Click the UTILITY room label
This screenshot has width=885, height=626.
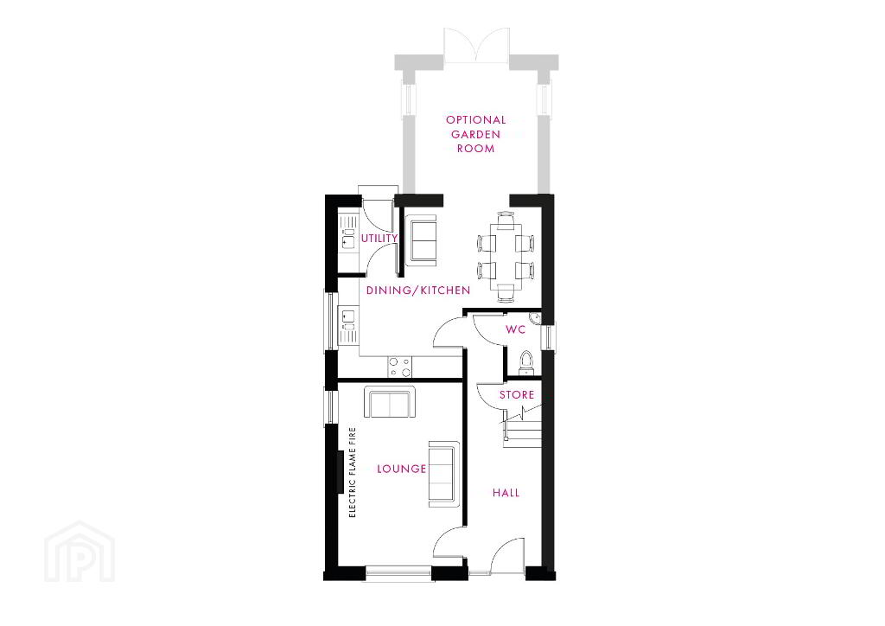(x=379, y=238)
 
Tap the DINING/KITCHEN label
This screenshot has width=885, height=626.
(x=418, y=291)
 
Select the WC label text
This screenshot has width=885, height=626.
(x=515, y=329)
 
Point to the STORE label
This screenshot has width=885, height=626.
(x=517, y=394)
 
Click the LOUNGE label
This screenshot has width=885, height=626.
(x=401, y=469)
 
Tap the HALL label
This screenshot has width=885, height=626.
(x=506, y=493)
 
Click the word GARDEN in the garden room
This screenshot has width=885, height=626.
(x=476, y=134)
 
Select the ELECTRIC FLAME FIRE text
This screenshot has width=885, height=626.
(x=353, y=472)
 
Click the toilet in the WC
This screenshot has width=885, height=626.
(x=526, y=362)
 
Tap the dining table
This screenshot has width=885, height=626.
(x=506, y=254)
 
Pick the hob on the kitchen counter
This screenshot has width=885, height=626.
(x=399, y=367)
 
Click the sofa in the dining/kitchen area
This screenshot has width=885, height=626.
(x=421, y=240)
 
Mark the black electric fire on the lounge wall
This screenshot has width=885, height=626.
(x=341, y=472)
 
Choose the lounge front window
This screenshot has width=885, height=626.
(x=399, y=572)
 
